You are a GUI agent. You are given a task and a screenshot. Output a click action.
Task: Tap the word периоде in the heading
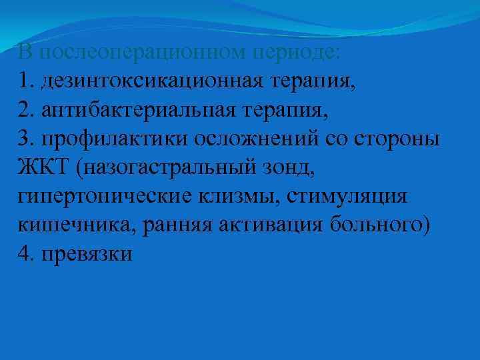pos(304,51)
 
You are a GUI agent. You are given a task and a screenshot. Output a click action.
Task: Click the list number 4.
pos(25,253)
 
